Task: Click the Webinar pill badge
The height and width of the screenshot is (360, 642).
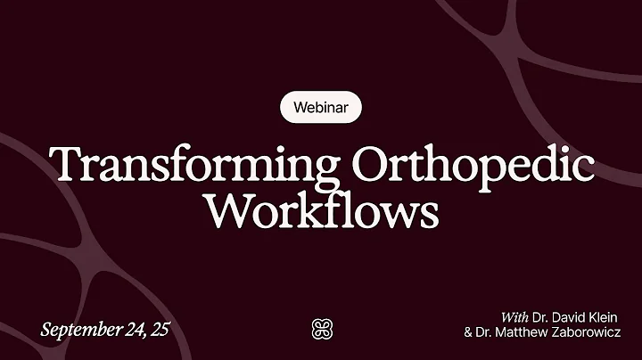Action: click(320, 109)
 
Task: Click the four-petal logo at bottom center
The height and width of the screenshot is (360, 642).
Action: click(320, 328)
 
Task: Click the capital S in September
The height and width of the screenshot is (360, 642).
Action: click(46, 329)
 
